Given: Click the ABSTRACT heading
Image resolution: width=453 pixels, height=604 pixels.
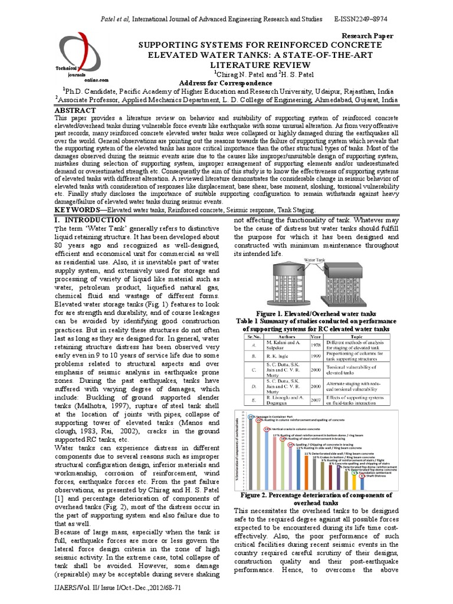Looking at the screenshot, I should [x=74, y=110].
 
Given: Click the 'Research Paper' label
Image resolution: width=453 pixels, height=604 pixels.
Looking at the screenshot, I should [x=367, y=36].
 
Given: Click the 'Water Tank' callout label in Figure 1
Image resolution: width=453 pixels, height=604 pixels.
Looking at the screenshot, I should [x=314, y=259].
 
